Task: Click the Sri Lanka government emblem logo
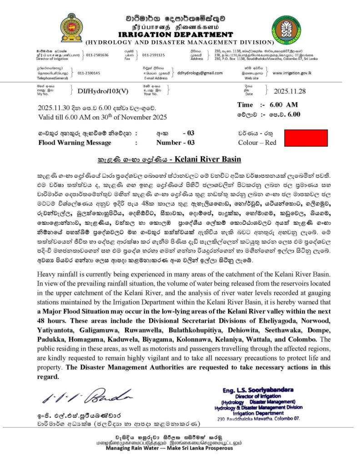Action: [x=71, y=28]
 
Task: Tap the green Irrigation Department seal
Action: [x=286, y=29]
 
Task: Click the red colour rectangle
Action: [x=305, y=138]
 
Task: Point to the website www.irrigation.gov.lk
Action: [x=291, y=73]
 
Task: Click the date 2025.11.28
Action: [x=290, y=91]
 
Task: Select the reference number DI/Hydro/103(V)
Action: [x=99, y=91]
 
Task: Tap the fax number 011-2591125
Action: [x=154, y=55]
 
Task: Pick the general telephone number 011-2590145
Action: [x=89, y=73]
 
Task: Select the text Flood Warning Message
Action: [x=75, y=143]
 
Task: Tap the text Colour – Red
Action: [x=257, y=143]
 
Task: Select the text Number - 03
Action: [x=175, y=143]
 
